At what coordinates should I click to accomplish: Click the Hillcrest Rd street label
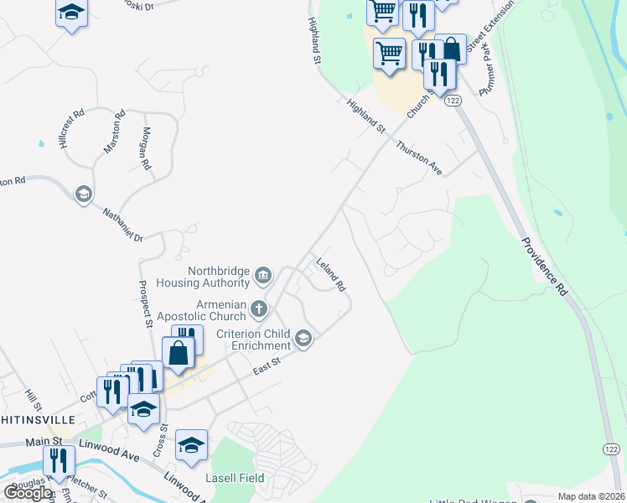pyautogui.click(x=73, y=129)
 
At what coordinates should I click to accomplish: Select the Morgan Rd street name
pyautogui.click(x=146, y=148)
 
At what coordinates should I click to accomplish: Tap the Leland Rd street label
pyautogui.click(x=330, y=274)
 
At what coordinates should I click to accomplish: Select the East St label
pyautogui.click(x=265, y=366)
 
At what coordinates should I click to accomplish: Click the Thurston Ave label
pyautogui.click(x=419, y=156)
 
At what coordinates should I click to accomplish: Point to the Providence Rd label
pyautogui.click(x=544, y=266)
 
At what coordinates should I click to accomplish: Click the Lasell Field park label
pyautogui.click(x=236, y=478)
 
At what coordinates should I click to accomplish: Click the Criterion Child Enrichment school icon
pyautogui.click(x=303, y=340)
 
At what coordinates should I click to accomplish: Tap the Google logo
pyautogui.click(x=28, y=492)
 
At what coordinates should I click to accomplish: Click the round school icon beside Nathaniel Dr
pyautogui.click(x=83, y=195)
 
